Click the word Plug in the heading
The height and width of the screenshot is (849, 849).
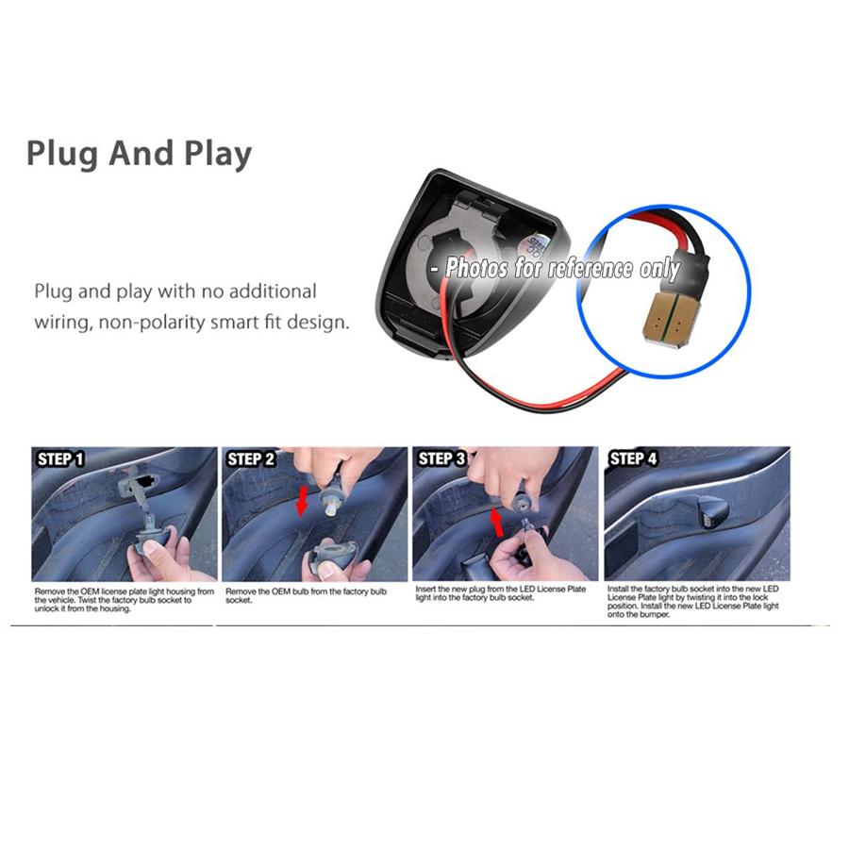[x=61, y=155]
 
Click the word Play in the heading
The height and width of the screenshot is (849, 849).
[x=218, y=155]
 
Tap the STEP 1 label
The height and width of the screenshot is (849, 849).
[x=60, y=459]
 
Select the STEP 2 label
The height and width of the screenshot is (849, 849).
[x=251, y=459]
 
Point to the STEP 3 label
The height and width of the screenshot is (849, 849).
[x=441, y=459]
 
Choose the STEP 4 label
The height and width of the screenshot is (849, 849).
[x=633, y=459]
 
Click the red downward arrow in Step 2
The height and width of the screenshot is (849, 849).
[x=302, y=501]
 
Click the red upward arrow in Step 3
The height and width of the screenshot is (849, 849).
[x=496, y=523]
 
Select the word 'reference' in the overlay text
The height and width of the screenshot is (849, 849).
[x=590, y=269]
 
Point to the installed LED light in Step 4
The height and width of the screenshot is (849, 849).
[x=710, y=508]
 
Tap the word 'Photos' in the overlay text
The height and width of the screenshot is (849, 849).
[x=476, y=268]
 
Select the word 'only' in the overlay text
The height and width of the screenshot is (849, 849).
[x=660, y=270]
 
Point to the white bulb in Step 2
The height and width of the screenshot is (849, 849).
[x=328, y=507]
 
